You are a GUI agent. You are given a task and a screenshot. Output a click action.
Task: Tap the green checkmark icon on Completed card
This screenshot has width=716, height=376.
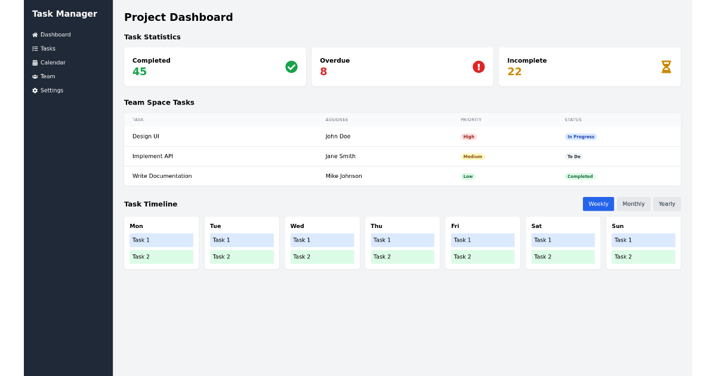(291, 67)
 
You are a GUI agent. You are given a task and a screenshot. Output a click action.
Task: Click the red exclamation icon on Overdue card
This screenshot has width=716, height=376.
(479, 67)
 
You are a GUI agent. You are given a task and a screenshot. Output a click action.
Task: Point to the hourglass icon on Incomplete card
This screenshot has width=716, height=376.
(666, 67)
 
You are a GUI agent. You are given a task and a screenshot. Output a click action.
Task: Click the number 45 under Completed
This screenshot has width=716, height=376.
(140, 72)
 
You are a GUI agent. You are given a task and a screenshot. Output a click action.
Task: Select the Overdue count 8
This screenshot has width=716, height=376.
(323, 72)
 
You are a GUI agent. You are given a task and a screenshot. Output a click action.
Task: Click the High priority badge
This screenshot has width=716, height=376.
(469, 137)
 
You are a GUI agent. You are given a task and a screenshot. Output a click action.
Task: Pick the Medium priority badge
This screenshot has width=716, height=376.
(473, 156)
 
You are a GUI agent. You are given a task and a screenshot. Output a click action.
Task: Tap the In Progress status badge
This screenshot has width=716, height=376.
(581, 137)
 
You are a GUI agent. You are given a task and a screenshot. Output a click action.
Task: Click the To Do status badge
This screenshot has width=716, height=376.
(574, 156)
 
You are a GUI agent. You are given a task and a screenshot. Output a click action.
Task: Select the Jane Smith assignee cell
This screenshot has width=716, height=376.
(341, 156)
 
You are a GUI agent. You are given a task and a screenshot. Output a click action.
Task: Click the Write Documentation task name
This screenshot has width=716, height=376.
(162, 176)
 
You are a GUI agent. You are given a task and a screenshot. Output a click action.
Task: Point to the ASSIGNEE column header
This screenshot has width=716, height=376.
(337, 120)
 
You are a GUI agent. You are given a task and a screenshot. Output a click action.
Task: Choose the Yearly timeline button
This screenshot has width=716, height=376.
(666, 204)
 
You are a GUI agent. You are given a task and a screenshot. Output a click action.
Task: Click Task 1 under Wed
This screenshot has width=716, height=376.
(322, 240)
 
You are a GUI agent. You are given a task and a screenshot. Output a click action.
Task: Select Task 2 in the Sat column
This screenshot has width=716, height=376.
(563, 257)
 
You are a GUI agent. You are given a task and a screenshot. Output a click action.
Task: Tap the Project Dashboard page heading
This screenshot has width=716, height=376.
(178, 17)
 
